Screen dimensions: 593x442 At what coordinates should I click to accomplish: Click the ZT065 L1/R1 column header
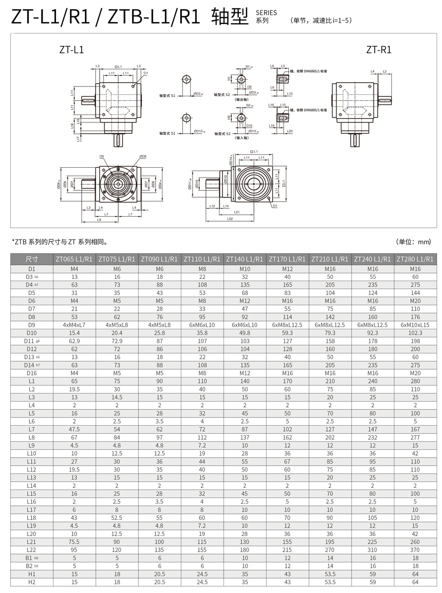click(74, 259)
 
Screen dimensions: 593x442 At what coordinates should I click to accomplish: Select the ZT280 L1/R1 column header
click(415, 259)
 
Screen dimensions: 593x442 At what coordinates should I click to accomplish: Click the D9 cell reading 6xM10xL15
click(415, 325)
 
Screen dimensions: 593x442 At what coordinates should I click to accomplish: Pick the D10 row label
click(31, 333)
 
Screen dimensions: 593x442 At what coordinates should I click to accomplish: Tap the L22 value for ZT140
click(245, 550)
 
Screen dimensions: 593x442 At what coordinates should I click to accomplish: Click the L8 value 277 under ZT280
click(415, 437)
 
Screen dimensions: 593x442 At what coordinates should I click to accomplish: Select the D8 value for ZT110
click(202, 317)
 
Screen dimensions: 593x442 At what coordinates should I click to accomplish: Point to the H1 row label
click(31, 574)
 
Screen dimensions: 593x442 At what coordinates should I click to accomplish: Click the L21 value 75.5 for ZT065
click(74, 541)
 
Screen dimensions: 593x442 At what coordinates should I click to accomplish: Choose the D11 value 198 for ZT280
click(415, 341)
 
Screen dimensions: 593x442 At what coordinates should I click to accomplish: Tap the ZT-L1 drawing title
click(71, 50)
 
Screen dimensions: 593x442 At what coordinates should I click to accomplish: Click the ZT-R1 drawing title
click(379, 50)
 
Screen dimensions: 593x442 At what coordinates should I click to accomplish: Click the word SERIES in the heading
click(266, 13)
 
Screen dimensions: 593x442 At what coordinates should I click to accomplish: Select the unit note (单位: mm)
click(413, 242)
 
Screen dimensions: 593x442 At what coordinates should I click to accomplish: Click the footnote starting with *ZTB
click(59, 242)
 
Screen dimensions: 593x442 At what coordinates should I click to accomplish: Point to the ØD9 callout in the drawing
click(102, 156)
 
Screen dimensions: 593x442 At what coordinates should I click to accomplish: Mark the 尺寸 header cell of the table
click(31, 259)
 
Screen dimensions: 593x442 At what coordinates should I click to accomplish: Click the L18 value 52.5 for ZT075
click(117, 518)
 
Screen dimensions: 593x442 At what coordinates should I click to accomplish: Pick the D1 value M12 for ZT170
click(287, 268)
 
